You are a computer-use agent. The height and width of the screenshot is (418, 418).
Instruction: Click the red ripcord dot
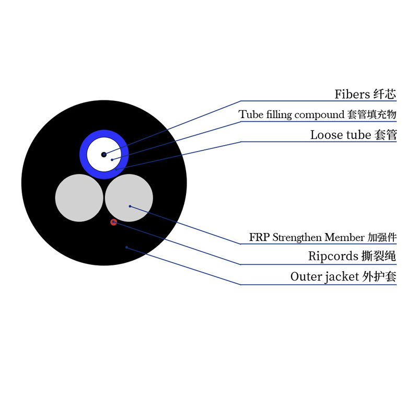[x=113, y=222]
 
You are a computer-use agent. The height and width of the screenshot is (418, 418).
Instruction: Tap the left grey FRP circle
[x=79, y=198]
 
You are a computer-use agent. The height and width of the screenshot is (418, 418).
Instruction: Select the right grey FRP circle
[x=129, y=198]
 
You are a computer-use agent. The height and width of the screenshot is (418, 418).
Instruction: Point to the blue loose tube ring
[x=83, y=155]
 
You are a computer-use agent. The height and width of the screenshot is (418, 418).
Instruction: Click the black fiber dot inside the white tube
[x=104, y=155]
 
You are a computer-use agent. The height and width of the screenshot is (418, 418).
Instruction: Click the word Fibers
[x=352, y=95]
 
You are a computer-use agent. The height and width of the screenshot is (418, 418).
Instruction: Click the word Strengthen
[x=297, y=237]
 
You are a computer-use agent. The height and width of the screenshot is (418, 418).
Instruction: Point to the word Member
[x=344, y=237]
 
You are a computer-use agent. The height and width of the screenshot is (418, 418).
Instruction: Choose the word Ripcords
[x=333, y=256]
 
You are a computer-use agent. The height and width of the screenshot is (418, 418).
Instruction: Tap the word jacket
[x=342, y=277]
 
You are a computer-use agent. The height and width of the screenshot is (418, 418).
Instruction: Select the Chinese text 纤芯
[x=385, y=95]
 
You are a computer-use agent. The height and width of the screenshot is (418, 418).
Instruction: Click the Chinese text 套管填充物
[x=372, y=114]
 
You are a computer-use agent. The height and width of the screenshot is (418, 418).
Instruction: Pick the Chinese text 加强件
[x=382, y=237]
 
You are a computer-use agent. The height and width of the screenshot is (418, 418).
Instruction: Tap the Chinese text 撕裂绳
[x=379, y=256]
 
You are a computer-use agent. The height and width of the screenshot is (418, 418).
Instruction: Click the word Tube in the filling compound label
[x=251, y=114]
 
